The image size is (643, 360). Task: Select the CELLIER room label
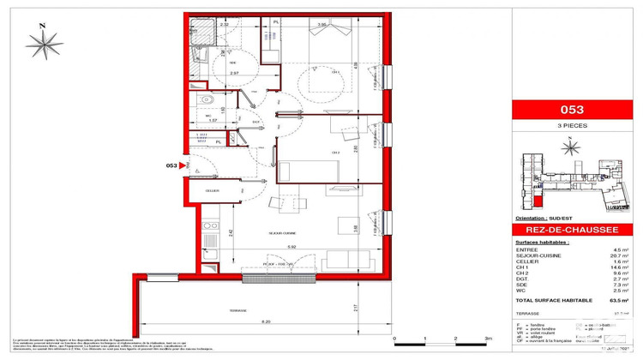tap(212, 190)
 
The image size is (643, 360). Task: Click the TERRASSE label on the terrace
tap(237, 310)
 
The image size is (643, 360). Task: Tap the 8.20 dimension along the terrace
tap(244, 321)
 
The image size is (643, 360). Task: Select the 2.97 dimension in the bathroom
tap(233, 75)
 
